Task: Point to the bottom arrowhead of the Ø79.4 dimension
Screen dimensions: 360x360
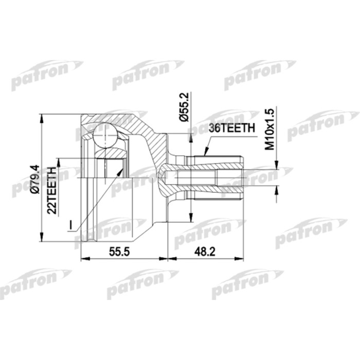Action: [42, 240]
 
